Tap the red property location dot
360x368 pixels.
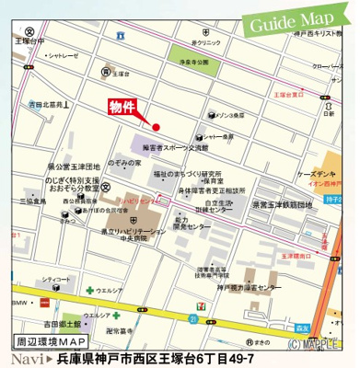coord(157,126)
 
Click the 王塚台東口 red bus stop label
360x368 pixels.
coord(289,94)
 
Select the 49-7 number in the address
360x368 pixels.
coord(232,357)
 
